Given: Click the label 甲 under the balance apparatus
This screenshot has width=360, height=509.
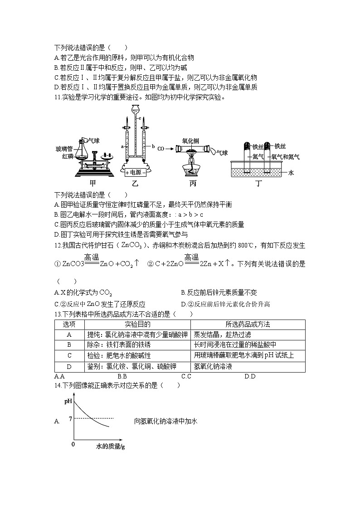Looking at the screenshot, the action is click(93, 184).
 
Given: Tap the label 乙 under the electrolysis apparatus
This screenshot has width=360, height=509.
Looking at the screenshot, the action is click(135, 184).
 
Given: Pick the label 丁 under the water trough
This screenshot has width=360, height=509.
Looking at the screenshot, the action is click(258, 184).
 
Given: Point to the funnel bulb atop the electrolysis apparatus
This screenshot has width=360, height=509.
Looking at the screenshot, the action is click(135, 109).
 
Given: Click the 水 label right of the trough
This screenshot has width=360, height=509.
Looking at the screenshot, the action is click(291, 173).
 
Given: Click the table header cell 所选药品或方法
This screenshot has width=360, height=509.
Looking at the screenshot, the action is click(248, 325).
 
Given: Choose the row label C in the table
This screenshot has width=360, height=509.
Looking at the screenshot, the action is click(69, 356).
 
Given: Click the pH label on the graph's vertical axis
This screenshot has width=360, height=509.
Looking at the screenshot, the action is click(68, 401).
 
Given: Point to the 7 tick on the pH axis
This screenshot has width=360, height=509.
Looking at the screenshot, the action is click(70, 418).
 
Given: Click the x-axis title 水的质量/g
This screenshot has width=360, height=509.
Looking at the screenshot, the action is click(110, 446).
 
